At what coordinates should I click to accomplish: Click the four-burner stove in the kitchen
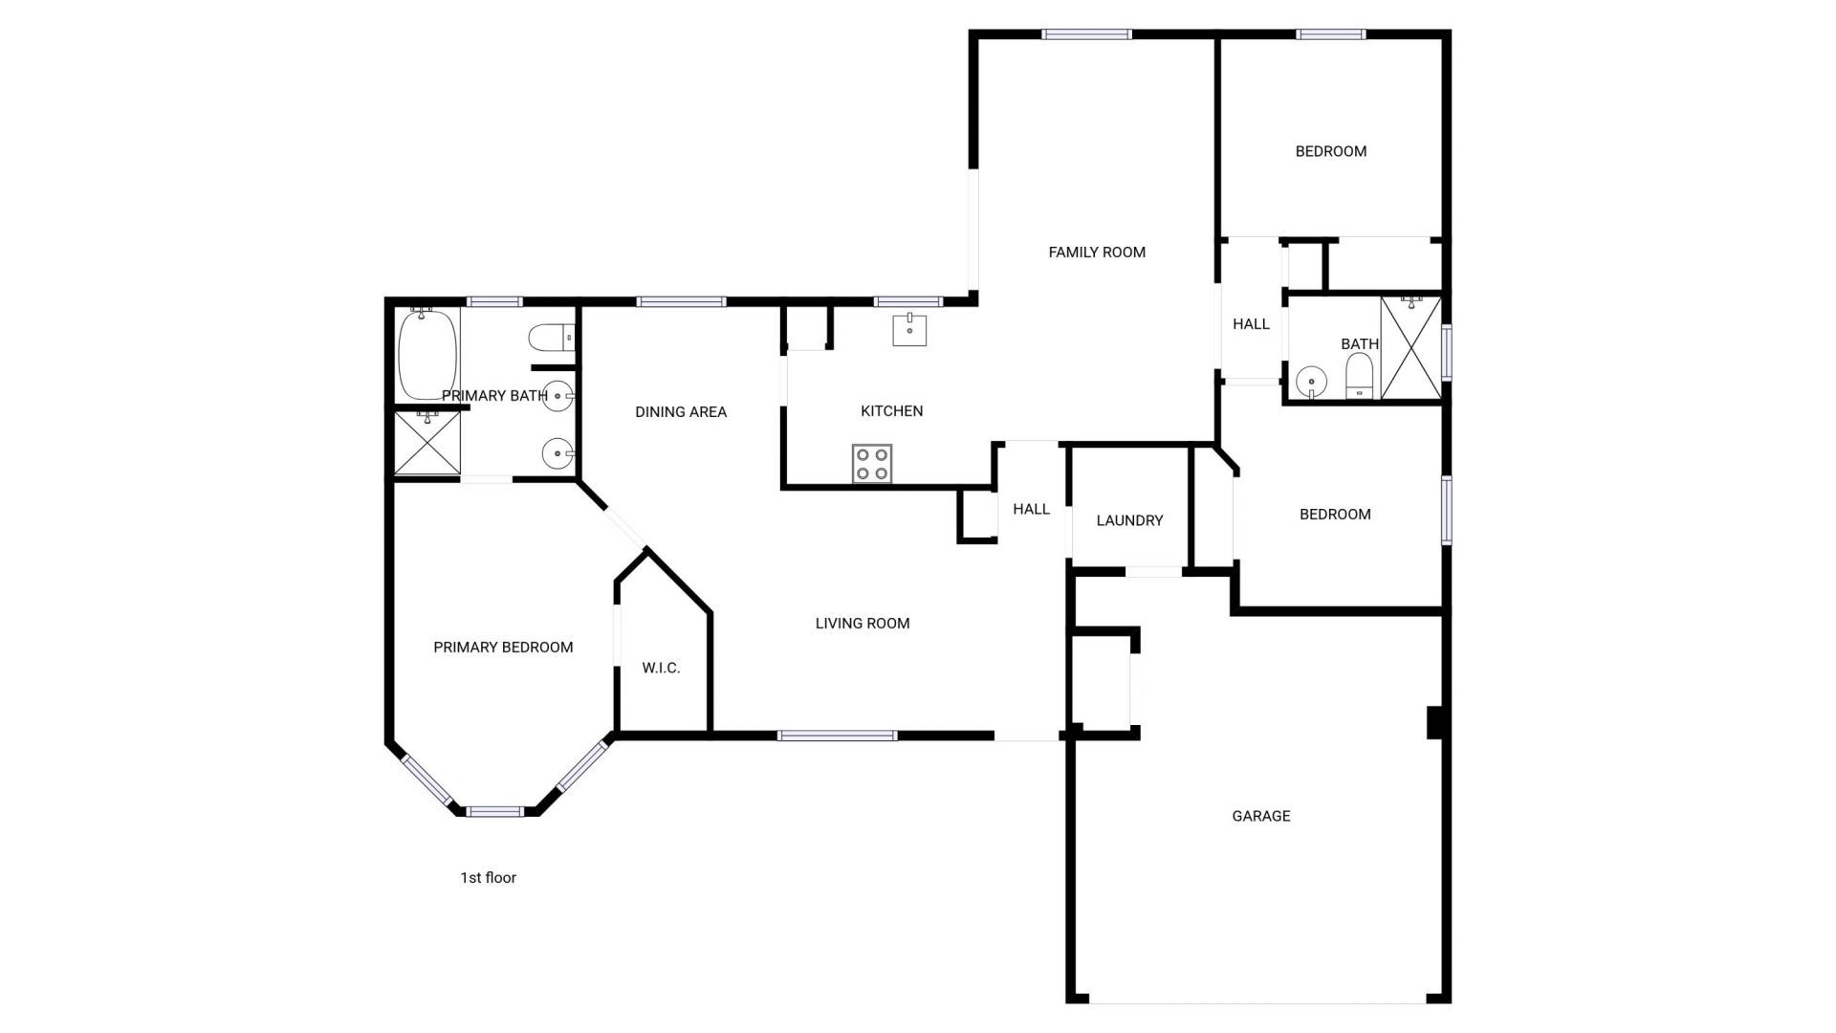point(872,464)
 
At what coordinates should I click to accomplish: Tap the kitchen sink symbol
point(909,329)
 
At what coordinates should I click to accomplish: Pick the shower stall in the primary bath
point(427,443)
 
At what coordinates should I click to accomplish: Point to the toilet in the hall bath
point(1359,376)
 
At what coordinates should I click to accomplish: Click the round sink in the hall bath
point(1312,383)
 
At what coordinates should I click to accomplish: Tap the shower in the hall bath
point(1410,347)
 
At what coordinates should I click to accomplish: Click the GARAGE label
point(1260,816)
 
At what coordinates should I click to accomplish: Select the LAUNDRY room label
point(1129,520)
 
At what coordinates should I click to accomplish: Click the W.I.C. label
point(661,668)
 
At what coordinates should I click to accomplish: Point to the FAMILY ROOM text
point(1097,253)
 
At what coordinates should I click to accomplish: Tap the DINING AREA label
point(681,412)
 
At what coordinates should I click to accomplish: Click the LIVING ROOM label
point(862,624)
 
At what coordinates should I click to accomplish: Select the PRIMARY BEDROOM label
point(503,648)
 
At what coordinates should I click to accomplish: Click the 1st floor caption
point(488,878)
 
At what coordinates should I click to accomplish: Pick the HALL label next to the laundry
point(1031,509)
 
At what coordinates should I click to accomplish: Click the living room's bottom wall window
point(837,736)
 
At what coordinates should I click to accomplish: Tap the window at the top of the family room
point(1086,34)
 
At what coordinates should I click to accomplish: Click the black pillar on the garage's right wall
point(1434,722)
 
